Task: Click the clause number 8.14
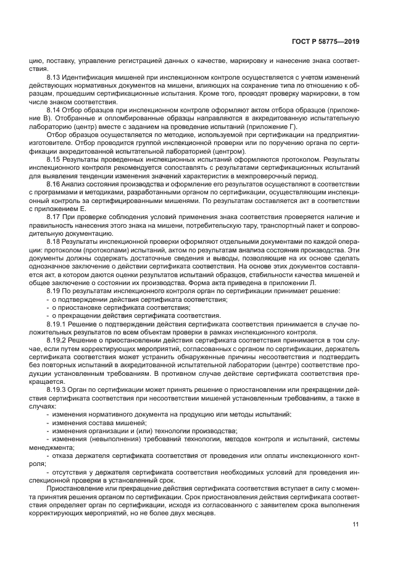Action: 55,109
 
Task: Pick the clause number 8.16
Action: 55,185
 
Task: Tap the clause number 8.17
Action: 55,218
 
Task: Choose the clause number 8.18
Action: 55,243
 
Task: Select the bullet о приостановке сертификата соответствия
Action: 120,307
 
